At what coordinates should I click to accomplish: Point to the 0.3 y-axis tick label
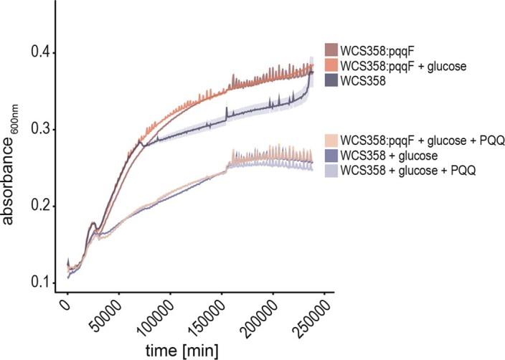[x=39, y=130]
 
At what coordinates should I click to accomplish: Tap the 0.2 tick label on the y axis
[x=39, y=207]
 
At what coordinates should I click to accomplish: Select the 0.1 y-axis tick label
[x=39, y=283]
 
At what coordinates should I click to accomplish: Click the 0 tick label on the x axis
[x=64, y=303]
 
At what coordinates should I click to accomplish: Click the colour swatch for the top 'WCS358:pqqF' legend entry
[x=331, y=49]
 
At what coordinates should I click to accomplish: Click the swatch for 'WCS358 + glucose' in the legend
[x=331, y=154]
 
